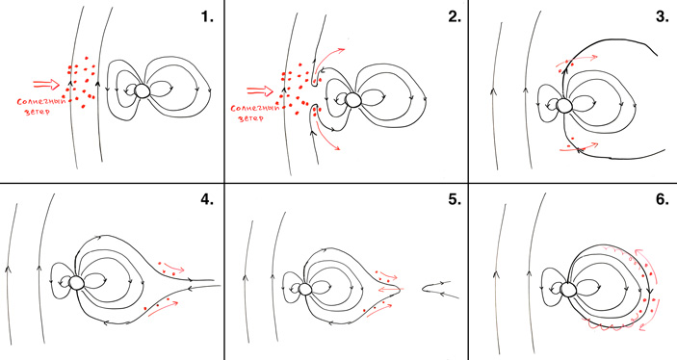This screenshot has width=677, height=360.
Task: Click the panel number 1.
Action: click(x=207, y=16)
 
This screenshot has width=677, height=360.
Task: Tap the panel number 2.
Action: click(x=455, y=16)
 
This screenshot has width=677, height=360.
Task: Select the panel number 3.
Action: click(x=662, y=16)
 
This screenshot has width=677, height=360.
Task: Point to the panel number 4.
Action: click(x=207, y=200)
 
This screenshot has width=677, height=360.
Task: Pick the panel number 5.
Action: click(x=455, y=200)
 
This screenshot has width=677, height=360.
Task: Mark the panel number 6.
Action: click(x=662, y=200)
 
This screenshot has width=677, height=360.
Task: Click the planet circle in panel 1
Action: click(x=143, y=91)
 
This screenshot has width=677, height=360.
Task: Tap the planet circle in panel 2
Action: click(x=353, y=99)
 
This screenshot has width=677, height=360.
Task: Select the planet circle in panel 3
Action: click(x=563, y=105)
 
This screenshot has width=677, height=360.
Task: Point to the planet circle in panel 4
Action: click(x=76, y=283)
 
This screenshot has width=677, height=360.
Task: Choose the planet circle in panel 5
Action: click(x=305, y=289)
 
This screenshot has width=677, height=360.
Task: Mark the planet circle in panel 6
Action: click(x=568, y=289)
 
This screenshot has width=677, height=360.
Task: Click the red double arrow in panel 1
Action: click(x=46, y=84)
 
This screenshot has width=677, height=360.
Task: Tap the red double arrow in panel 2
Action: click(x=260, y=90)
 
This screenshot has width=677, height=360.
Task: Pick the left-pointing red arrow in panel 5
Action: click(x=391, y=289)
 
